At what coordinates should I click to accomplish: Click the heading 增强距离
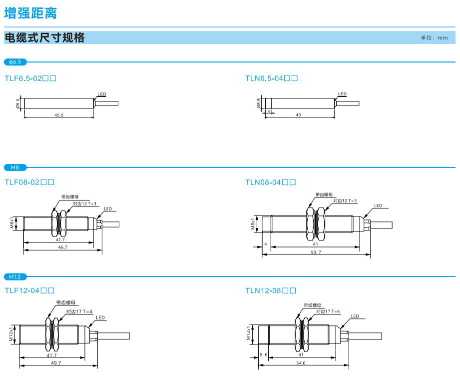tap(30, 12)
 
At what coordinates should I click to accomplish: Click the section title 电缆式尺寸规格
tap(44, 37)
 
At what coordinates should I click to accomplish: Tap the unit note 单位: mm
tap(434, 38)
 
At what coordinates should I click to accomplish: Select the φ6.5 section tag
tap(15, 62)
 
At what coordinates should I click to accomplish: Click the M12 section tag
tap(15, 276)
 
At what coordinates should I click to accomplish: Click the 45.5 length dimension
tap(59, 115)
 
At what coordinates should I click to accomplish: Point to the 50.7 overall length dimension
tap(316, 252)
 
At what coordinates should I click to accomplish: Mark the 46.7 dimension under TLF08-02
tap(62, 247)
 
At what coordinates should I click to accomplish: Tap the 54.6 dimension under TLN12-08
tap(301, 363)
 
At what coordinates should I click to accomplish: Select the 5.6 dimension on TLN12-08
tap(264, 354)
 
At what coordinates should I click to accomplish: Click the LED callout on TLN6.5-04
tap(342, 94)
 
